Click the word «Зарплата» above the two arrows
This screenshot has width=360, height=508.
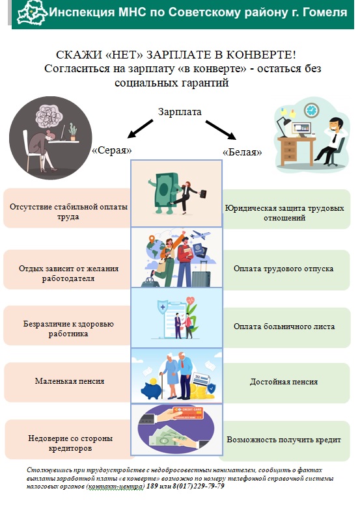180,112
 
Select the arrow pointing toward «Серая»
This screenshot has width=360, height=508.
140,129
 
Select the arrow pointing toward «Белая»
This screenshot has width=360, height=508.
221,130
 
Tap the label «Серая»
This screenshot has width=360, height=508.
112,150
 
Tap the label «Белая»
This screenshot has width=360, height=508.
242,152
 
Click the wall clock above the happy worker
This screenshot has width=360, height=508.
311,110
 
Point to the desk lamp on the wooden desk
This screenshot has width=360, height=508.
284,127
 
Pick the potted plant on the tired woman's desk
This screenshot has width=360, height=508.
73,132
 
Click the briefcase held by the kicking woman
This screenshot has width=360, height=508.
202,194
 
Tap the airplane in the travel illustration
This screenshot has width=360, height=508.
200,235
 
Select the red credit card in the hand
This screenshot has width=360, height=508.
187,413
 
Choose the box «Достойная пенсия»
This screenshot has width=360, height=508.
286,382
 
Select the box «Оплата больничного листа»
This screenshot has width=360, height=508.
286,327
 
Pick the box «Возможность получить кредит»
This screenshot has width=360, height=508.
285,440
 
